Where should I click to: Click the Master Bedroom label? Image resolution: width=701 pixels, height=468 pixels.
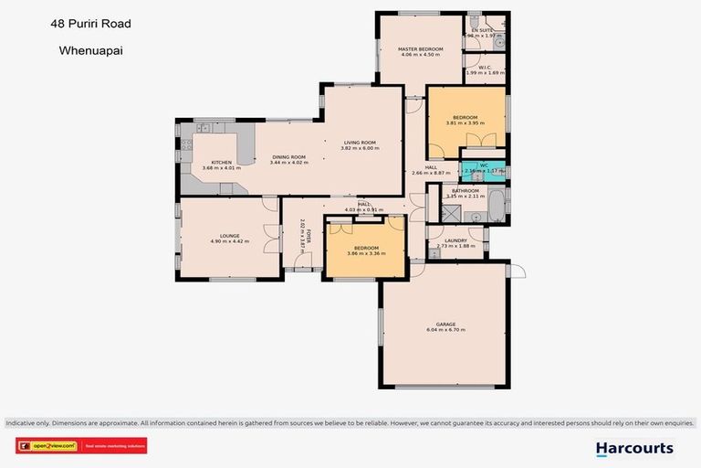click(421, 48)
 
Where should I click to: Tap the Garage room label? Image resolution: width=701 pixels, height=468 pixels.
click(445, 324)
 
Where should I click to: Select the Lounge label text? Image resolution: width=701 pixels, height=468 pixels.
click(229, 236)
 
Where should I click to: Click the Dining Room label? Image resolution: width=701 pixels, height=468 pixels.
click(289, 156)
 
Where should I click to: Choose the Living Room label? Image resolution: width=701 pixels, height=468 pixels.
click(360, 143)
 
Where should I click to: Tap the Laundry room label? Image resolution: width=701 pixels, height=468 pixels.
click(456, 240)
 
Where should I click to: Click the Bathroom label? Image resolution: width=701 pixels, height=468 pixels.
click(463, 190)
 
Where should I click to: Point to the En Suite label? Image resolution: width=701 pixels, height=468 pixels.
click(481, 30)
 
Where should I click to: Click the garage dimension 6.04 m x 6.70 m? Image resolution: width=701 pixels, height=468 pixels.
click(445, 330)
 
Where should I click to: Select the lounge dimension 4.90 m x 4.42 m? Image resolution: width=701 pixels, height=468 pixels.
click(229, 241)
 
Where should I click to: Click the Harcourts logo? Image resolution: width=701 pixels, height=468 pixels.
click(634, 448)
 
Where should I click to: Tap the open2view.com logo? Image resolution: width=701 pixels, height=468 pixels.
click(48, 447)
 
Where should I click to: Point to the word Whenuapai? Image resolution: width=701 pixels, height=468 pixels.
click(89, 52)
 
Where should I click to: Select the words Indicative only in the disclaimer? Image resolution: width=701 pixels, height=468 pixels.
click(28, 423)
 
